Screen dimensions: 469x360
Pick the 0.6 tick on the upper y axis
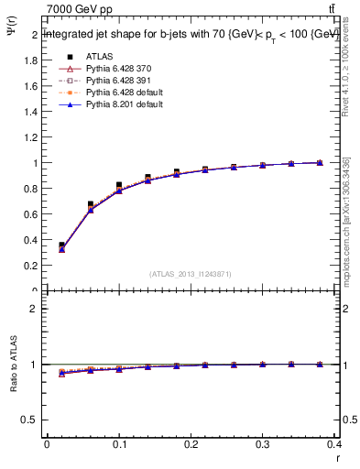(x=31, y=214)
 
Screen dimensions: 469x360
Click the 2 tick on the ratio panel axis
(x=35, y=309)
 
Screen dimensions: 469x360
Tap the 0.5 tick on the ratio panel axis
(x=31, y=420)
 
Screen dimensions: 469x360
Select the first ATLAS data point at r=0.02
(x=61, y=245)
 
